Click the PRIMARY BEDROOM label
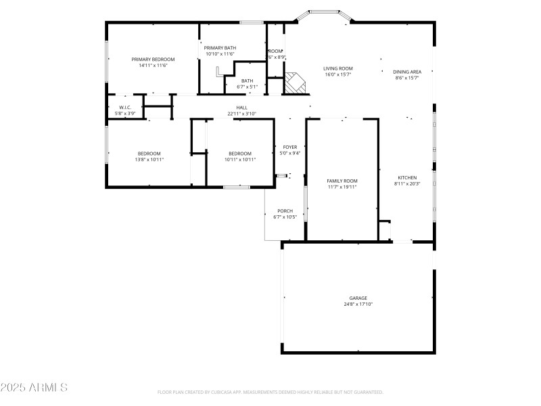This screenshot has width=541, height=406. pyautogui.click(x=153, y=60)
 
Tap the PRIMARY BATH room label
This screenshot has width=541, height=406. pyautogui.click(x=220, y=47)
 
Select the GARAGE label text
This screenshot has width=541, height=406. pyautogui.click(x=358, y=298)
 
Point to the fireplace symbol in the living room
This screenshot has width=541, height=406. pyautogui.click(x=294, y=83)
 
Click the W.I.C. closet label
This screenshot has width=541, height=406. pyautogui.click(x=125, y=108)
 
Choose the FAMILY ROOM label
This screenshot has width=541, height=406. pyautogui.click(x=342, y=181)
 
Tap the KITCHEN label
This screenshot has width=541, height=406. pyautogui.click(x=407, y=177)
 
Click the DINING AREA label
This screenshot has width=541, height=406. pyautogui.click(x=407, y=72)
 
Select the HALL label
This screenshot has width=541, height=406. pyautogui.click(x=241, y=108)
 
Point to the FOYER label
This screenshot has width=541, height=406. pyautogui.click(x=290, y=147)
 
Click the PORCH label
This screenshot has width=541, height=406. pyautogui.click(x=285, y=210)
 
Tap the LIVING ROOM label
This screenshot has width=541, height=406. pyautogui.click(x=337, y=68)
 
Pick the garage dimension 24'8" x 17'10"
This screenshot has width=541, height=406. pyautogui.click(x=358, y=304)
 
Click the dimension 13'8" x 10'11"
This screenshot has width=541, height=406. pyautogui.click(x=150, y=159)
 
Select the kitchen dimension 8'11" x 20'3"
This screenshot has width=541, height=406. pyautogui.click(x=407, y=183)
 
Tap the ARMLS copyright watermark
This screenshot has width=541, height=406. pyautogui.click(x=34, y=388)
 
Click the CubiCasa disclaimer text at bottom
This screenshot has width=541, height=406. pyautogui.click(x=270, y=392)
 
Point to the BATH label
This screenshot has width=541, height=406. pyautogui.click(x=247, y=81)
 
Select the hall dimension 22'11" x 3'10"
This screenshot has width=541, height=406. pyautogui.click(x=241, y=114)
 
